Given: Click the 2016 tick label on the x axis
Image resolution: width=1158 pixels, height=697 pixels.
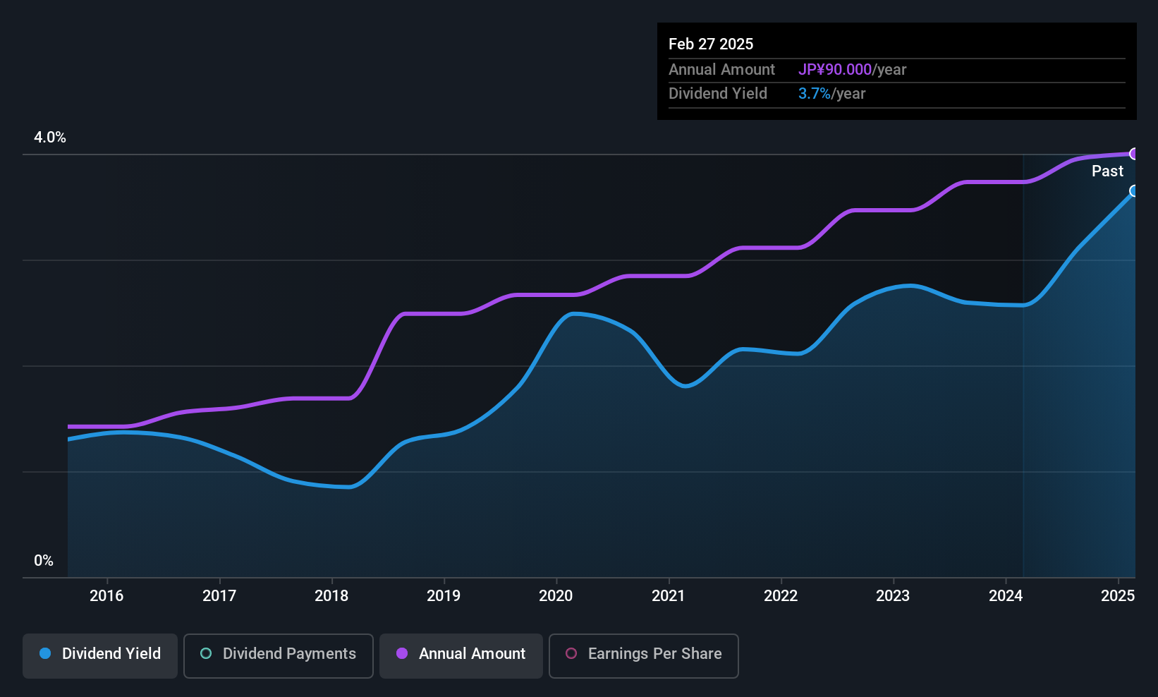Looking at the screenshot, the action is click(x=106, y=595).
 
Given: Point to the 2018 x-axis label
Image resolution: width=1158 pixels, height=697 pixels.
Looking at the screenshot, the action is click(x=332, y=595).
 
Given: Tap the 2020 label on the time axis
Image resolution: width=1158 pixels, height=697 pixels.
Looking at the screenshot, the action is click(x=556, y=595).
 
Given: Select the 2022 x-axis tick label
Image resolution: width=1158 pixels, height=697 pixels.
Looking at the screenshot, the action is click(x=781, y=595).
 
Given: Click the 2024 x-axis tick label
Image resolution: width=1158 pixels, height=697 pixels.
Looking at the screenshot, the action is click(x=1006, y=595).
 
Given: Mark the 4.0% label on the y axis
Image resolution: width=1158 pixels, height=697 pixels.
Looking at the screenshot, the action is click(x=49, y=138).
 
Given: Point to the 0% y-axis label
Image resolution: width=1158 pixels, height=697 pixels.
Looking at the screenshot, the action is click(x=44, y=561).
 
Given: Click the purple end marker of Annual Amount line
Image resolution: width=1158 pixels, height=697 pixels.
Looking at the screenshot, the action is click(x=1133, y=154).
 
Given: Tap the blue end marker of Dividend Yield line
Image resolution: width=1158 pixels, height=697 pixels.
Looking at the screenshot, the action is click(x=1133, y=190).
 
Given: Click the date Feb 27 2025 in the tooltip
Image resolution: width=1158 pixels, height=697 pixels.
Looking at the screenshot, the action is click(x=711, y=44).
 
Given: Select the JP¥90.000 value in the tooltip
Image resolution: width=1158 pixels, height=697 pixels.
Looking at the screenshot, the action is click(x=835, y=69).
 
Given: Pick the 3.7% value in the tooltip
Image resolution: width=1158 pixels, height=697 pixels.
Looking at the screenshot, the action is click(x=815, y=94).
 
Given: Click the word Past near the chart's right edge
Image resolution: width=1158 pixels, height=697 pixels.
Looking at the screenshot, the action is click(x=1107, y=171).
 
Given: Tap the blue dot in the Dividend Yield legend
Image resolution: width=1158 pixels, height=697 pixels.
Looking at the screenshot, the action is click(x=45, y=653).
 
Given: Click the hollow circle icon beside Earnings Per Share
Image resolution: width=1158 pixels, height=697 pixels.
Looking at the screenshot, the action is click(x=571, y=653).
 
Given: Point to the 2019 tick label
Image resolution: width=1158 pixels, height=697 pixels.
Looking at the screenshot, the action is click(x=444, y=595).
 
